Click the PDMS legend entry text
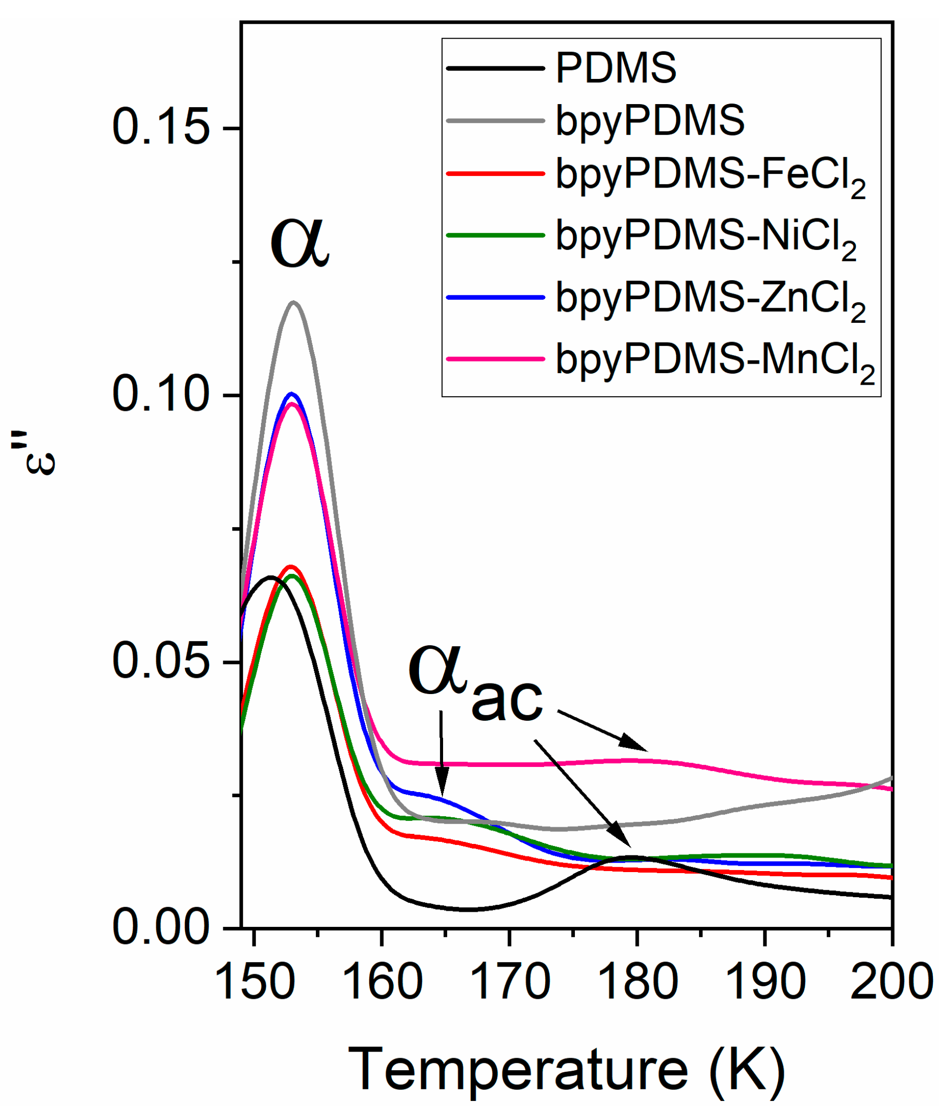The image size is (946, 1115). pyautogui.click(x=616, y=68)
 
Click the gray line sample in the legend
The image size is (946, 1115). pyautogui.click(x=495, y=121)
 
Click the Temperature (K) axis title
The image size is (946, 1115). pyautogui.click(x=566, y=1069)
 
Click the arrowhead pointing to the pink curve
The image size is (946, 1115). pyautogui.click(x=636, y=744)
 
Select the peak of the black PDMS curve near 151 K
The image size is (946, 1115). pyautogui.click(x=271, y=577)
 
